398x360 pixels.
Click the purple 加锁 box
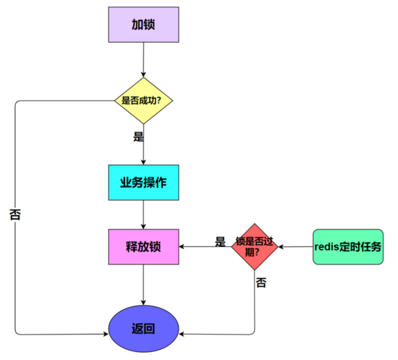[x=143, y=25]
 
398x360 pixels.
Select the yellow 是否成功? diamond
[x=144, y=100]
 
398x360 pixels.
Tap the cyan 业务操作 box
[x=143, y=182]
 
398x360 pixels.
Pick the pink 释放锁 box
[x=143, y=247]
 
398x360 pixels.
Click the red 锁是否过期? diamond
[x=255, y=247]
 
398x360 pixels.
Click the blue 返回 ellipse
[x=143, y=328]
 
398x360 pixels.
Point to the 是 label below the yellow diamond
[x=138, y=136]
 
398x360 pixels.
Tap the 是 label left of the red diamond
[x=220, y=241]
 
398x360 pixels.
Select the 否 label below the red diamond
[x=261, y=282]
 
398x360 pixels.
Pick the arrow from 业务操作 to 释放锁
[x=144, y=214]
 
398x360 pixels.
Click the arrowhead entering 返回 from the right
[x=183, y=335]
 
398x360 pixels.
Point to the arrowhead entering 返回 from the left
[x=104, y=335]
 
